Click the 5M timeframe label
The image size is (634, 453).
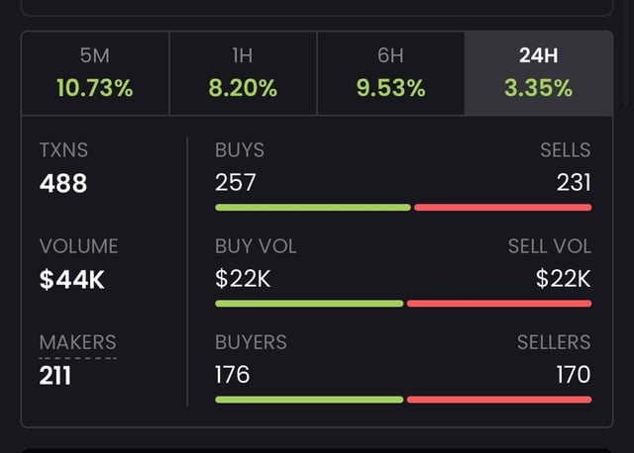coord(95,56)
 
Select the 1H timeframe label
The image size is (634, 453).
coord(243,56)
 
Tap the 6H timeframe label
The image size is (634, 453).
coord(390,56)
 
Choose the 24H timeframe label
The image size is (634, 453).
coord(538,56)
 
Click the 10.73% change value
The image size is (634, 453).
coord(95,88)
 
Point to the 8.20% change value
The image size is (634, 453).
coord(243,88)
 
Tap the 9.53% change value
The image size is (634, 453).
coord(390,88)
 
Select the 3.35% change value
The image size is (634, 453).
coord(538,88)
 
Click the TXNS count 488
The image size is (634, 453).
coord(63,183)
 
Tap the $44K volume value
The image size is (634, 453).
coord(72,280)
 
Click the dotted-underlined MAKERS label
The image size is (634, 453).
coord(77,342)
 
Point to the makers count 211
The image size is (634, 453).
coord(55,376)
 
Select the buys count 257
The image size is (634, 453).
coord(235,183)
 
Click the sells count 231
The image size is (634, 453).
coord(574,183)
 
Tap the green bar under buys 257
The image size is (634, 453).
coord(312,208)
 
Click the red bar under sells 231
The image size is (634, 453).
coord(502,208)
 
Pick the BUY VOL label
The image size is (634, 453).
coord(256,246)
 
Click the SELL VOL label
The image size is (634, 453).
coord(549,246)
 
